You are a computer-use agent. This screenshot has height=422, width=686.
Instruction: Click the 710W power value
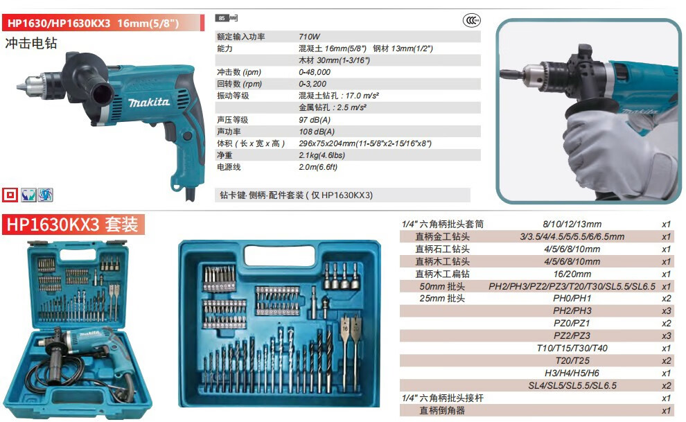click(x=309, y=37)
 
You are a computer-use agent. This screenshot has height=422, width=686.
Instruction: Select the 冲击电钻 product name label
click(x=31, y=43)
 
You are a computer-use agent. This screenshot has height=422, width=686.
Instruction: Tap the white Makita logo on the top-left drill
click(x=148, y=103)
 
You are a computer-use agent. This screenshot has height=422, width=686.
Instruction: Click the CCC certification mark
click(x=472, y=21)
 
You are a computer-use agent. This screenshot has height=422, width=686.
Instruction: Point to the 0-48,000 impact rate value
click(x=314, y=72)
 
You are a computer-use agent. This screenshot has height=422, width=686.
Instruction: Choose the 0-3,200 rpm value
click(x=311, y=84)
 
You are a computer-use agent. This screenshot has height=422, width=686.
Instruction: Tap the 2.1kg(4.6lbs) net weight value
click(x=321, y=155)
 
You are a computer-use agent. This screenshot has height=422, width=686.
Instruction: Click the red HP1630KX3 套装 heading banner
click(x=73, y=224)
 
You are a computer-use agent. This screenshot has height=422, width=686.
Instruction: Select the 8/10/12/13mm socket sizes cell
click(x=572, y=225)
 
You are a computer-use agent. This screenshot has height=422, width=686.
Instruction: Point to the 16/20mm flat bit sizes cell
click(x=572, y=274)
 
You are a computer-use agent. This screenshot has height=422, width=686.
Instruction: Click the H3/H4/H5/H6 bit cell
click(x=572, y=373)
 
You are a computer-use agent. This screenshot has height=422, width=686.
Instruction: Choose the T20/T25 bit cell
click(x=572, y=360)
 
